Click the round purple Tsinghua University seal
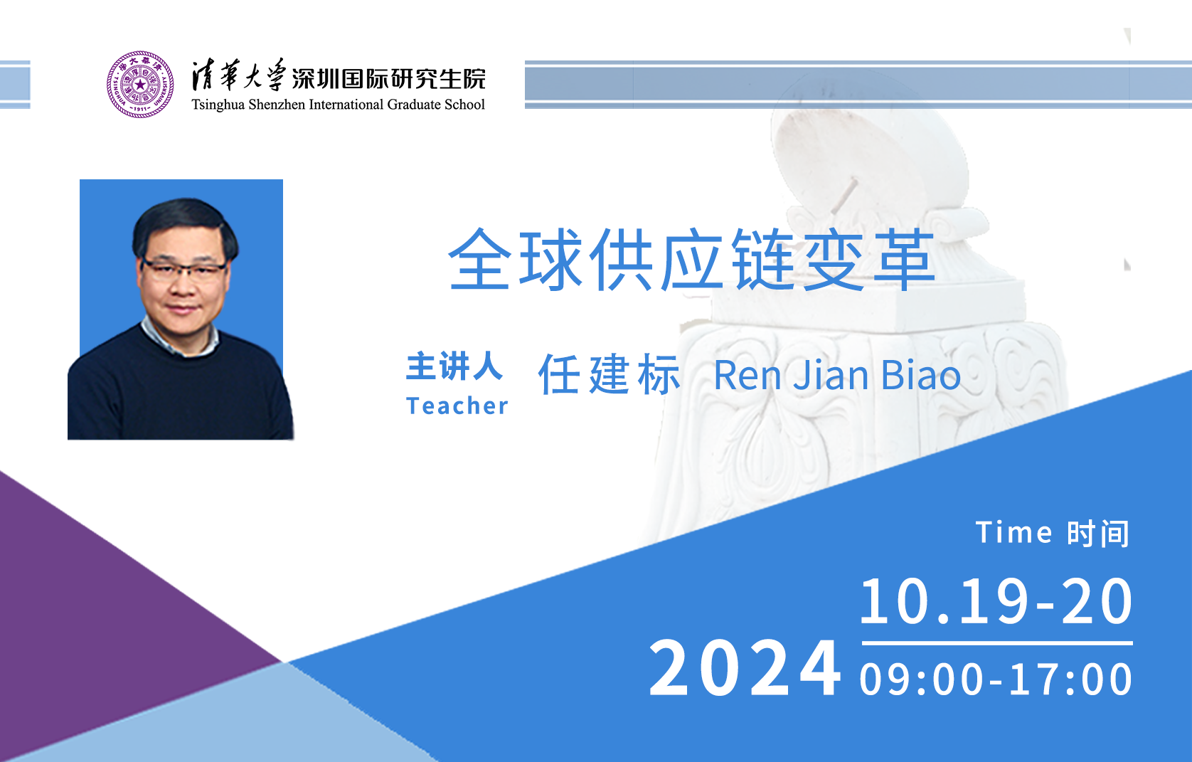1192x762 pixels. click(140, 84)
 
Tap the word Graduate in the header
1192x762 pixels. click(413, 104)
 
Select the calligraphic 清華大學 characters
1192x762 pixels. click(239, 75)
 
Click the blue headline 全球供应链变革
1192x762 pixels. click(692, 260)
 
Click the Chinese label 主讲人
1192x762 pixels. click(454, 366)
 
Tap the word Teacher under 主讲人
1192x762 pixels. click(457, 406)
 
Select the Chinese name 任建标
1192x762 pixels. click(610, 374)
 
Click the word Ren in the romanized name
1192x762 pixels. click(747, 376)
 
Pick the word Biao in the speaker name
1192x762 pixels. click(921, 375)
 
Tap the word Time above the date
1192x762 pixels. click(1013, 532)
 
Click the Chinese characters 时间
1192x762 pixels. click(1098, 534)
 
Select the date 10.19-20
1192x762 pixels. click(996, 601)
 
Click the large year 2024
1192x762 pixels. click(745, 668)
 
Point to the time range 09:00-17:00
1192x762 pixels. click(996, 679)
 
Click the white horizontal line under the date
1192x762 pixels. click(996, 643)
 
